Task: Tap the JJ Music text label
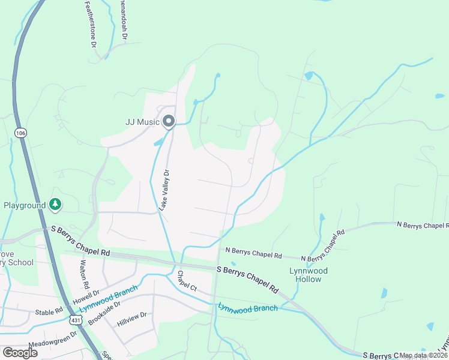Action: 142,122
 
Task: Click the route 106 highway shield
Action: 21,132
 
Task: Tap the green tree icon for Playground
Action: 55,205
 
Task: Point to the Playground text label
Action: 25,205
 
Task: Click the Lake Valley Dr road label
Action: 164,190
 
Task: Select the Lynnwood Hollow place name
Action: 309,275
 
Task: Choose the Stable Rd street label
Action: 49,311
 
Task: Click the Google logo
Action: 20,353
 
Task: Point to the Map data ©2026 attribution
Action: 423,355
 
